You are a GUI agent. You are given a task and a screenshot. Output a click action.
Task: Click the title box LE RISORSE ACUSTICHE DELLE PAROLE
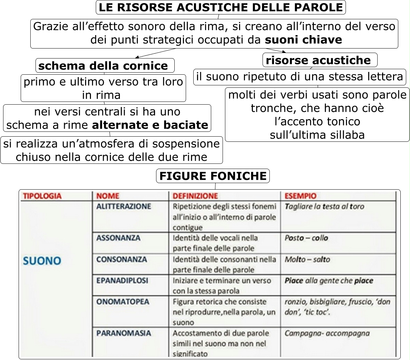point(221,8)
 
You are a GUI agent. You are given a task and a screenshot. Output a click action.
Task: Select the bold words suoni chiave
point(303,40)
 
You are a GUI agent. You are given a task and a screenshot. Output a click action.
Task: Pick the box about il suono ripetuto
point(299,76)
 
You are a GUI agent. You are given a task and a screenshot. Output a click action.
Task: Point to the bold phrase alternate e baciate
point(150,125)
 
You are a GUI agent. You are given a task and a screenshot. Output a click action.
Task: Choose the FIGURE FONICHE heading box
point(213,176)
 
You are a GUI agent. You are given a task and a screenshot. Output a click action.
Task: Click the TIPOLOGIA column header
point(42,196)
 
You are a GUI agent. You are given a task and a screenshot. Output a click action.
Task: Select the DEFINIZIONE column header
point(195,196)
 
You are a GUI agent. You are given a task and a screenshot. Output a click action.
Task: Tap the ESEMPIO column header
point(300,196)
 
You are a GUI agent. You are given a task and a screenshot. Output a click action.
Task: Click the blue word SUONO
point(42,261)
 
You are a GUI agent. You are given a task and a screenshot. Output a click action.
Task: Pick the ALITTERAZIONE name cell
point(123,207)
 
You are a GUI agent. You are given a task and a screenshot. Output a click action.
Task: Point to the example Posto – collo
point(306,238)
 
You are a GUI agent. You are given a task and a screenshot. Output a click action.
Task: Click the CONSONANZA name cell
point(121,260)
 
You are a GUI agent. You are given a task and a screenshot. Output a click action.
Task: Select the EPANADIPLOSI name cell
point(122,280)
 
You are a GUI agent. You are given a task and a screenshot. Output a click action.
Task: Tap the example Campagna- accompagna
point(327,333)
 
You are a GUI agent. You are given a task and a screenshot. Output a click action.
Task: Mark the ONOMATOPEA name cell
point(122,302)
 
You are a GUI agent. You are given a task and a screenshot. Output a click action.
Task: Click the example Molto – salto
point(307,260)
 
